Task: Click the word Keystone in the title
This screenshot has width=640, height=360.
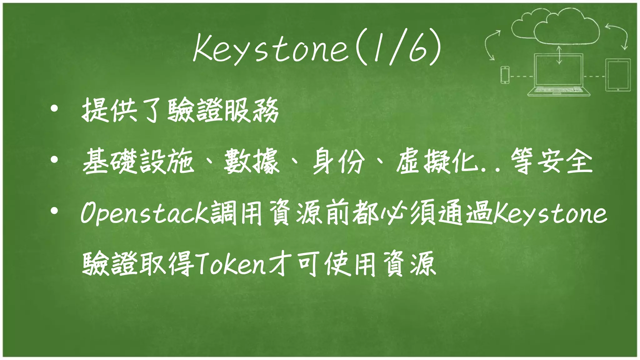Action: coord(271,48)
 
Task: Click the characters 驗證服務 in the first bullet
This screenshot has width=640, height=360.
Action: coord(223,110)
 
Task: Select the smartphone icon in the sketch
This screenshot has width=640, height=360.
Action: coord(505,75)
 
